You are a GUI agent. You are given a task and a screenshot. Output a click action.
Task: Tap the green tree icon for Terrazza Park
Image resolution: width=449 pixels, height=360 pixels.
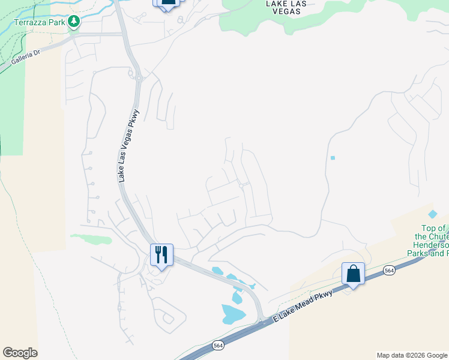click(74, 22)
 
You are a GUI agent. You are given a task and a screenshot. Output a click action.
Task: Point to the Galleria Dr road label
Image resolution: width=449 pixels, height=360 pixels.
click(26, 57)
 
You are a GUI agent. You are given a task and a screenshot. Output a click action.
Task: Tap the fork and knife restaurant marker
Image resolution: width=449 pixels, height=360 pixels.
click(161, 255)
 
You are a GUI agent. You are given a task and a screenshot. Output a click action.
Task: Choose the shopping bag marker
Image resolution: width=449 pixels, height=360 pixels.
click(353, 274)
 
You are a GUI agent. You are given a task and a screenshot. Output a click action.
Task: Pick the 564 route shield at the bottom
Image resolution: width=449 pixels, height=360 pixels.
click(218, 346)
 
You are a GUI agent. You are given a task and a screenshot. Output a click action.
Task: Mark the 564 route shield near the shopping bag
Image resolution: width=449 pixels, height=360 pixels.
click(390, 271)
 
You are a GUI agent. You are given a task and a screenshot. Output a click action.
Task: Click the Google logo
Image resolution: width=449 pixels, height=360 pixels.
click(20, 353)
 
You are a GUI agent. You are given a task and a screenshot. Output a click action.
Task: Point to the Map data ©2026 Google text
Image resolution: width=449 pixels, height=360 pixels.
click(412, 355)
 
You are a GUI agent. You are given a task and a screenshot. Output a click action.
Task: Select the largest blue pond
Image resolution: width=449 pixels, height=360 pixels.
click(233, 313)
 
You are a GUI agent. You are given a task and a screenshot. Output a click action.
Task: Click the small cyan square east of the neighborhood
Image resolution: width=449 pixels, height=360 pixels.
click(333, 158)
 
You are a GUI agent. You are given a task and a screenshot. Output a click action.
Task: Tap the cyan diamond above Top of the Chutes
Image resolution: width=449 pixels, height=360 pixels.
click(433, 214)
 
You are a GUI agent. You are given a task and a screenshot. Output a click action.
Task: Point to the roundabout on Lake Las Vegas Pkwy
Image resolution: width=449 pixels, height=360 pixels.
click(139, 77)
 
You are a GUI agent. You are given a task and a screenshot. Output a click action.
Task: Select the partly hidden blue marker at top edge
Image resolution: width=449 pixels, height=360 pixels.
click(167, 3)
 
